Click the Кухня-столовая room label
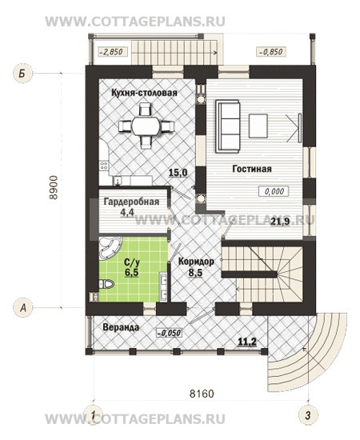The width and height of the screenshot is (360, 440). coord(144,93)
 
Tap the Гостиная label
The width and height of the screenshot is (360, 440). coord(252,169)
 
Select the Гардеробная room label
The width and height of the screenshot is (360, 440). coord(131,202)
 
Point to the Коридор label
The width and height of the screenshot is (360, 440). coord(196,262)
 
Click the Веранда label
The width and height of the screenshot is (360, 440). coord(121,327)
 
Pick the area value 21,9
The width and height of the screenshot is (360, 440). coord(280,222)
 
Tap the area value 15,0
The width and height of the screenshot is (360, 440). coord(178,173)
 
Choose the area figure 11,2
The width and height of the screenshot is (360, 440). coord(247,342)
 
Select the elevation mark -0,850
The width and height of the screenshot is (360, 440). coord(270,52)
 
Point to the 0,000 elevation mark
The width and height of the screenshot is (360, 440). coord(274,191)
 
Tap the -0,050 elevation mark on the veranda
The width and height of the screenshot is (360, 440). coord(169,333)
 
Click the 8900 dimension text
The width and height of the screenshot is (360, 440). coord(54,187)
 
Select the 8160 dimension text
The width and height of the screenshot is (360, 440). coord(202,394)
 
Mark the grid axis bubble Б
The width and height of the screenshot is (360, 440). coord(23,74)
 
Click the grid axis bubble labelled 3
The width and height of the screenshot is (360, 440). coord(308,415)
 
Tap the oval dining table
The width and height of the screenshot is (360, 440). coord(146,126)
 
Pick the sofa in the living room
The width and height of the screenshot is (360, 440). coord(228,126)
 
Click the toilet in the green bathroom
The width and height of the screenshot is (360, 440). coord(106,284)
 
